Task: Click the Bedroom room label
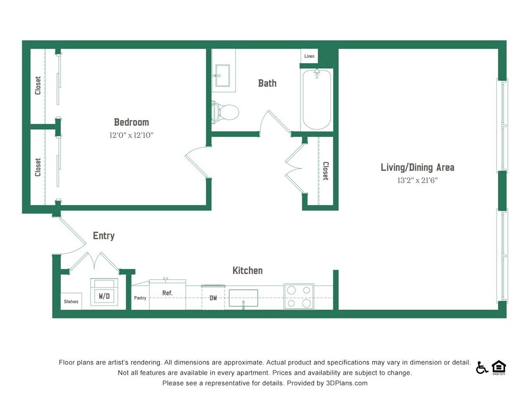pos(131,122)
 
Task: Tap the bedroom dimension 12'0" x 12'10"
pos(131,135)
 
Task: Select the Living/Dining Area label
pos(417,167)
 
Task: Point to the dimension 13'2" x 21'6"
pos(417,180)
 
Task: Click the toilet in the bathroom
pos(225,113)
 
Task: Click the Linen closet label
pos(309,56)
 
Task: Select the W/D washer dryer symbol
pos(104,295)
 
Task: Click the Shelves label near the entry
pos(71,301)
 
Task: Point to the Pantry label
pos(140,298)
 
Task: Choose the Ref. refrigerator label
pos(167,293)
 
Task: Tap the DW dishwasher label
pos(213,298)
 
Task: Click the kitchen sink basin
pos(243,298)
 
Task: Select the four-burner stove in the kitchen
pos(299,297)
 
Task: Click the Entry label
pos(104,236)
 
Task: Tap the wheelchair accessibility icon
pos(481,367)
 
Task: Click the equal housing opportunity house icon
pos(498,367)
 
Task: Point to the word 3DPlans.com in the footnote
pos(346,383)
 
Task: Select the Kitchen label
pos(247,271)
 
